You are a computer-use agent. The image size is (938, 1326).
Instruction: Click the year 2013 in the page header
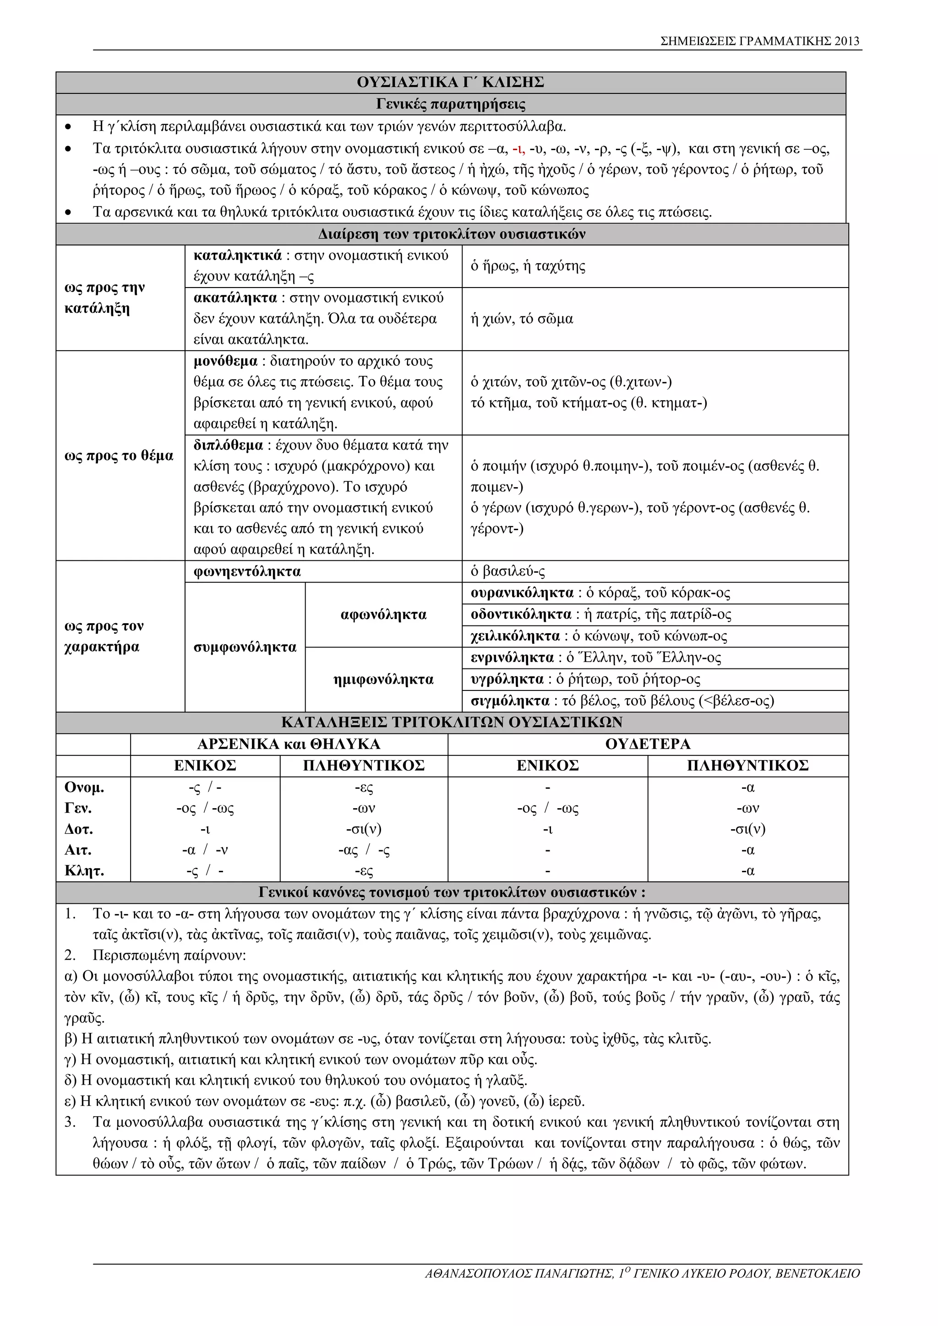847,41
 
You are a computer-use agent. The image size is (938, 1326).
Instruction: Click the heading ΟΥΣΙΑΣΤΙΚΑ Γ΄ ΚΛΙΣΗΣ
451,82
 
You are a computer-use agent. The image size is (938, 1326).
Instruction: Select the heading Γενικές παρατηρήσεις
451,104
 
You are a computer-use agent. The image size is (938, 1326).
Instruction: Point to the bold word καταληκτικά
237,256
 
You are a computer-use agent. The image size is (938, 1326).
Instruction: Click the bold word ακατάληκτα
235,298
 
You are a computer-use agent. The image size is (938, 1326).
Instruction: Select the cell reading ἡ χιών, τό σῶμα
522,319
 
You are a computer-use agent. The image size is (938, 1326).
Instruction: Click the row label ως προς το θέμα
119,456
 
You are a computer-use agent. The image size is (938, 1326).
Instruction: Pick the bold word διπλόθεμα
228,445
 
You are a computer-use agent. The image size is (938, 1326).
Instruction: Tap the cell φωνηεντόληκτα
247,572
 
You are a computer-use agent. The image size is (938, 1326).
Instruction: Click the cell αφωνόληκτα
383,614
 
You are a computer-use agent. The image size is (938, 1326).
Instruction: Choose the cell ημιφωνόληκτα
383,680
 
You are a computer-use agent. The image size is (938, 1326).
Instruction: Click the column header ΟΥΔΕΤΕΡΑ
648,744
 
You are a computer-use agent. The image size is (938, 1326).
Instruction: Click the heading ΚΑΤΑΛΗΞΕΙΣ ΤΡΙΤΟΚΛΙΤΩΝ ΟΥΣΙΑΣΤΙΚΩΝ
452,723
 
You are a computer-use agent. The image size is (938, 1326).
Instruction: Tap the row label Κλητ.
84,871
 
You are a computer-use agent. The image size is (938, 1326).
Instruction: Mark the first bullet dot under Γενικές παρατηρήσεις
69,126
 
